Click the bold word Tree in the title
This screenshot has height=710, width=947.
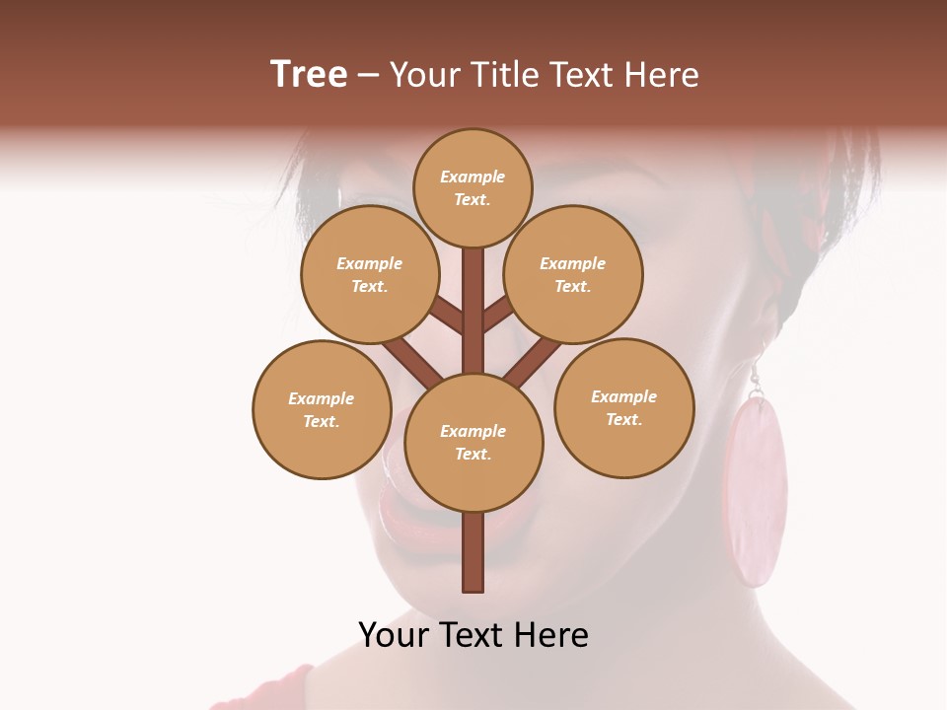309,74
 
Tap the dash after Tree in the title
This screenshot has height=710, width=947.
368,76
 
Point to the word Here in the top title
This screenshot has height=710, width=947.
660,74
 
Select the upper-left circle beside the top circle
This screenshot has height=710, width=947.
370,274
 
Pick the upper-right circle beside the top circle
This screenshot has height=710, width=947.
573,274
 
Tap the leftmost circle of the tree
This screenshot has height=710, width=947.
322,409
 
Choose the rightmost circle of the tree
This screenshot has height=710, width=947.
624,407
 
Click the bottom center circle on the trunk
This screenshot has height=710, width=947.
473,443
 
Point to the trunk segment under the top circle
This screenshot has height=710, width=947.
473,306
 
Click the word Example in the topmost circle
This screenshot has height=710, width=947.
473,177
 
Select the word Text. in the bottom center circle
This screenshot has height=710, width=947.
473,455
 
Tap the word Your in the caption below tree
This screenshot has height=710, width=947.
393,635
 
